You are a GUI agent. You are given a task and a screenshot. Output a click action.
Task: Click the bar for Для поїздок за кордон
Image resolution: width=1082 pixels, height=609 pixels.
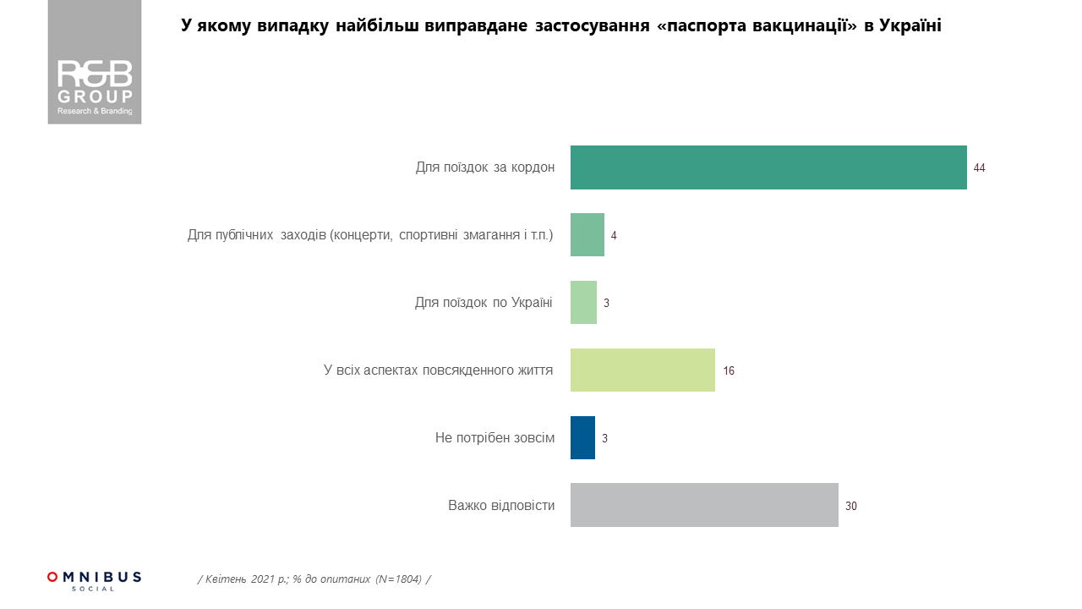click(x=768, y=167)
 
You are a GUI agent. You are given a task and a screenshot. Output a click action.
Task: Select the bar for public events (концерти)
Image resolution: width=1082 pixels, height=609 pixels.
click(x=587, y=235)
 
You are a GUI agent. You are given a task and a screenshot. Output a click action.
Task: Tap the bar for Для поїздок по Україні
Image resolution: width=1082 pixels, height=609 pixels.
click(x=583, y=303)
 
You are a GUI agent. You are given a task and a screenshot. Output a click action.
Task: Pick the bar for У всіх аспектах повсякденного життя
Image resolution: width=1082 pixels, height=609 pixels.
click(x=642, y=370)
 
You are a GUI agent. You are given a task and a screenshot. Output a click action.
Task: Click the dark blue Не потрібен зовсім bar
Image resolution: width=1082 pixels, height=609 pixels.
click(x=582, y=438)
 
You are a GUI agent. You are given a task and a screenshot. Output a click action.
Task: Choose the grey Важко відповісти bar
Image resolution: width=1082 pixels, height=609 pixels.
click(x=704, y=506)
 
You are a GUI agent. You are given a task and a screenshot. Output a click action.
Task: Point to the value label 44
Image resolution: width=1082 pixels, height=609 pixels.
click(x=979, y=168)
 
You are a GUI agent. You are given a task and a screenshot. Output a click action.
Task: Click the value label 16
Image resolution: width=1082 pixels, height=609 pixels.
click(x=729, y=371)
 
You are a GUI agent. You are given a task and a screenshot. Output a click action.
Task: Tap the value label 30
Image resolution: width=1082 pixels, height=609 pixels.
click(x=851, y=507)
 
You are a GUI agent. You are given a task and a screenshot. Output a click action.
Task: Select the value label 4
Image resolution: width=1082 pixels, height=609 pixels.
click(x=614, y=236)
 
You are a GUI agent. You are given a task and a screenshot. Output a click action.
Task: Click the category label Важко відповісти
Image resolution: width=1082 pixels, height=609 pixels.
click(x=501, y=506)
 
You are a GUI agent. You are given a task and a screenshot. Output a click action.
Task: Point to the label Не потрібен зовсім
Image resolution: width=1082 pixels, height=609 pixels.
click(x=495, y=438)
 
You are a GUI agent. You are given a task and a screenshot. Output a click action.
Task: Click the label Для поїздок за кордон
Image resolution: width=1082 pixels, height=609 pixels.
click(x=485, y=167)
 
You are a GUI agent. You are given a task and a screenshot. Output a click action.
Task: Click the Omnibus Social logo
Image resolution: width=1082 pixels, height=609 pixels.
click(x=94, y=580)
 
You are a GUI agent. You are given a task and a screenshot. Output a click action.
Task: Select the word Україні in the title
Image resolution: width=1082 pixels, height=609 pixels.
click(x=910, y=26)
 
